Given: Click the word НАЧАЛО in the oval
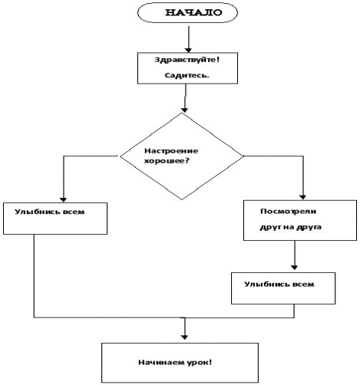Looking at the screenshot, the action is pyautogui.click(x=193, y=12).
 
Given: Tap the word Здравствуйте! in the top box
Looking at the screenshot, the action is pyautogui.click(x=187, y=60).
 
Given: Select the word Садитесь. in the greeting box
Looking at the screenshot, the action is pyautogui.click(x=187, y=75).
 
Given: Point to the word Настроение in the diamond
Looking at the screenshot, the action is pyautogui.click(x=171, y=151).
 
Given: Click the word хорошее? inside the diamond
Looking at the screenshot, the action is pyautogui.click(x=167, y=161).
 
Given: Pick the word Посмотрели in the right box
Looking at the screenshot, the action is pyautogui.click(x=289, y=212).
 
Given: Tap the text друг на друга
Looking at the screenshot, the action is pyautogui.click(x=291, y=227).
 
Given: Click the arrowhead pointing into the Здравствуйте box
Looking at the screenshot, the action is pyautogui.click(x=189, y=50).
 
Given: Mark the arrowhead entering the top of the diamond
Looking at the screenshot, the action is pyautogui.click(x=184, y=110).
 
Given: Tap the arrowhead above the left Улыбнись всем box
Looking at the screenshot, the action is pyautogui.click(x=63, y=200).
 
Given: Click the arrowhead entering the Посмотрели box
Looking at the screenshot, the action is pyautogui.click(x=303, y=197).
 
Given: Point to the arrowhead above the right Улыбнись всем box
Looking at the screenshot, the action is pyautogui.click(x=295, y=268).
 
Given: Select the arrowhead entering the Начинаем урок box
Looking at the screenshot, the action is pyautogui.click(x=184, y=337).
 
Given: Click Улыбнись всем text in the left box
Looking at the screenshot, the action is pyautogui.click(x=50, y=212).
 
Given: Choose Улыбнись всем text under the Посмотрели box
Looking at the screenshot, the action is pyautogui.click(x=279, y=285).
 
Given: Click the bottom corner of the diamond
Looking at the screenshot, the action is pyautogui.click(x=182, y=199).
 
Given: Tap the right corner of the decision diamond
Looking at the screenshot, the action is pyautogui.click(x=243, y=156).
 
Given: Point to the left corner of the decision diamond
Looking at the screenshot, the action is pyautogui.click(x=121, y=156).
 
